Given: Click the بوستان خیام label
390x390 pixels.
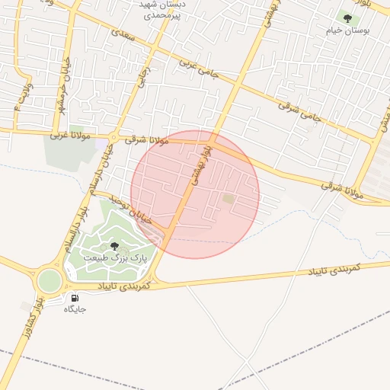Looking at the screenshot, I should tap(347, 30).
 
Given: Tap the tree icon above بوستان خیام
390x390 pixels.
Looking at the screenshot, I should tap(347, 18).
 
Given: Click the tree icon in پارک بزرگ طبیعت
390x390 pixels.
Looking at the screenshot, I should tap(114, 246).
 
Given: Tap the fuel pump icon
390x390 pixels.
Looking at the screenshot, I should tap(75, 298).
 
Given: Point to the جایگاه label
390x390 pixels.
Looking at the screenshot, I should tap(75, 309).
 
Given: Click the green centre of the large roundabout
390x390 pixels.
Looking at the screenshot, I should tap(50, 281).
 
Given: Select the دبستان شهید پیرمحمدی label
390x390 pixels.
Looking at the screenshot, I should tap(161, 10).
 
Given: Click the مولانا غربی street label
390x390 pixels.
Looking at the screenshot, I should tap(70, 136).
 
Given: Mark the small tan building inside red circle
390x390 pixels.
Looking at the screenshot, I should tap(229, 199).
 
